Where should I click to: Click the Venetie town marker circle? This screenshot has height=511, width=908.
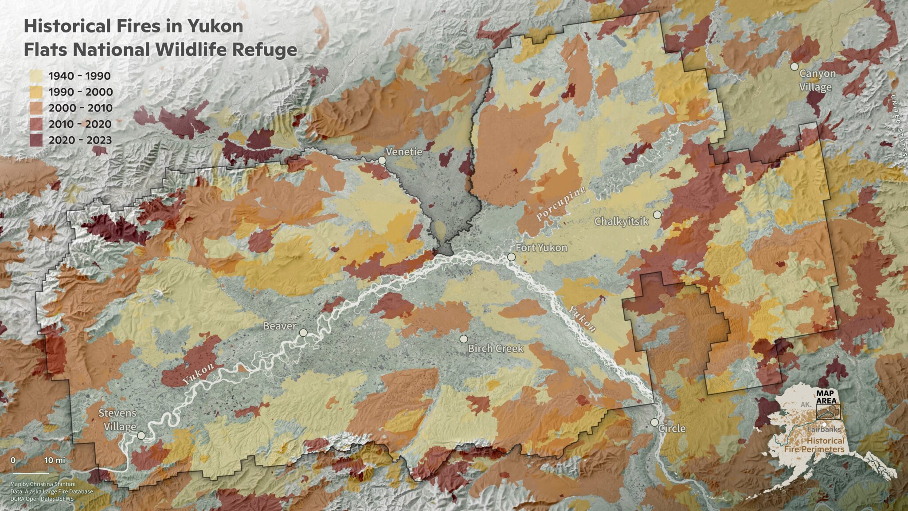[382, 160]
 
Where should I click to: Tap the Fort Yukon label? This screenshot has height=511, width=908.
[541, 248]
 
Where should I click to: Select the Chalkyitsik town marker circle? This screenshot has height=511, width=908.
[657, 215]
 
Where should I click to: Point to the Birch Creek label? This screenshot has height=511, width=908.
[495, 349]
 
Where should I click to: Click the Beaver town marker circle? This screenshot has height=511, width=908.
[303, 333]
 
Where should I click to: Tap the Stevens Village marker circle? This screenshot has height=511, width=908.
[141, 436]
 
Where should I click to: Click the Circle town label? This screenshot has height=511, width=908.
[672, 428]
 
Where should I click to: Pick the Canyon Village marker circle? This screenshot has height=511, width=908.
[794, 67]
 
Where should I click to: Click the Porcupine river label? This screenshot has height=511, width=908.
[561, 204]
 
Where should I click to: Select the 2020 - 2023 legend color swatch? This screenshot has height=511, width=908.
[36, 140]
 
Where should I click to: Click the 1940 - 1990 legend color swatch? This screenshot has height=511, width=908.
[36, 76]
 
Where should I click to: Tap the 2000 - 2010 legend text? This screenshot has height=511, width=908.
[81, 108]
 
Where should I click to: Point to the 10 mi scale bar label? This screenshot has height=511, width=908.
[54, 460]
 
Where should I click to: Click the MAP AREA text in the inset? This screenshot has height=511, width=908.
[826, 397]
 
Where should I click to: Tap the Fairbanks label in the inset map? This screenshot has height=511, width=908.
[823, 430]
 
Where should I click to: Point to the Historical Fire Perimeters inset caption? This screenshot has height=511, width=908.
[815, 445]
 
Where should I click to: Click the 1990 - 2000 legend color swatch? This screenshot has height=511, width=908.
[36, 92]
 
